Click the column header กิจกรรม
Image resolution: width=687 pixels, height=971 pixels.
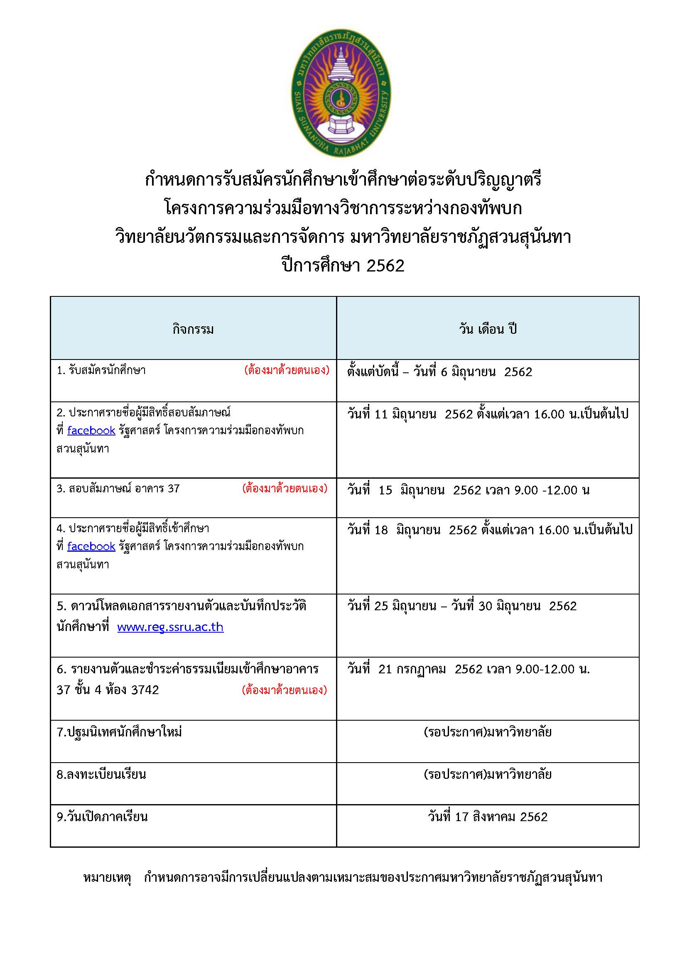click(193, 330)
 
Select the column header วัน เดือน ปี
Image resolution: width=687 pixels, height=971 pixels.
click(488, 330)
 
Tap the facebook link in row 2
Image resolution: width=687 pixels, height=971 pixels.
click(91, 430)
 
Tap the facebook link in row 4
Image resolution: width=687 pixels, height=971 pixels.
click(91, 546)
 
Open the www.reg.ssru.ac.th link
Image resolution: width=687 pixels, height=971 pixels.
click(170, 627)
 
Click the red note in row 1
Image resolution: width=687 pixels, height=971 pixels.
click(287, 370)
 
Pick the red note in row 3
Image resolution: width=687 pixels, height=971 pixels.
click(285, 489)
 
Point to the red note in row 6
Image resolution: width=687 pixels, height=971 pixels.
click(284, 690)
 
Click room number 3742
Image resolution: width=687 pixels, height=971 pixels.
click(145, 690)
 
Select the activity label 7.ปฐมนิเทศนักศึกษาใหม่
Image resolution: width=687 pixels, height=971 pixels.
click(119, 732)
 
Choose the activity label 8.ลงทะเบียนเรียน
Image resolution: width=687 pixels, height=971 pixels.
click(101, 774)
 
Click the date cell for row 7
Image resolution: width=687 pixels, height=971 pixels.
click(488, 732)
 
